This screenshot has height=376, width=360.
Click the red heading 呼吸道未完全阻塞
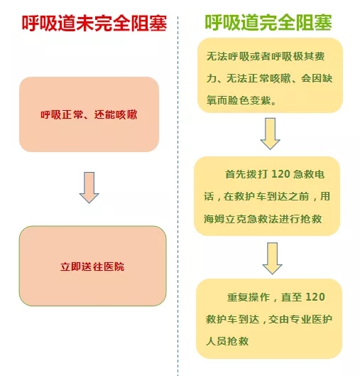[94, 23]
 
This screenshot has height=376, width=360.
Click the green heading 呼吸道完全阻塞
[268, 23]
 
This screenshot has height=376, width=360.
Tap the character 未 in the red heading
[85, 23]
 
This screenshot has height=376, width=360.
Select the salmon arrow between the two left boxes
[89, 188]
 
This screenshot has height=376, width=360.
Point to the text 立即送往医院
[92, 267]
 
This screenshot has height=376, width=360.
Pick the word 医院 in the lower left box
[114, 267]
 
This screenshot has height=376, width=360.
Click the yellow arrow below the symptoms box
[271, 134]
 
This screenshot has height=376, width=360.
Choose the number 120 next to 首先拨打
[281, 174]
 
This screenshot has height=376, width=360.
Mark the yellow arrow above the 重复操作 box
[273, 258]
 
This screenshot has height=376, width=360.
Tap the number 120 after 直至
[315, 297]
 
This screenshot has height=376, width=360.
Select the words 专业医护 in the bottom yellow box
[311, 319]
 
